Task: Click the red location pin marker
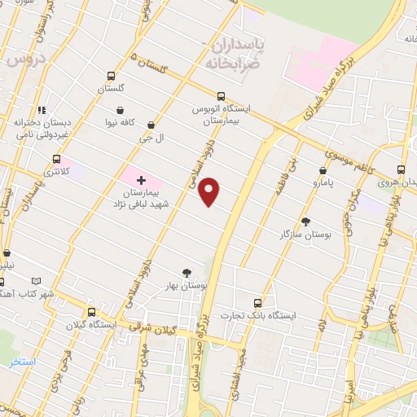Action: (x=210, y=191)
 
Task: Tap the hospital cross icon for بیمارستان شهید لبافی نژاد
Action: (x=141, y=179)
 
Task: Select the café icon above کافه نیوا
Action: (x=121, y=110)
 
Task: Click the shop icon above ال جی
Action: (x=151, y=125)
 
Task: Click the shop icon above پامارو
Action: (x=324, y=171)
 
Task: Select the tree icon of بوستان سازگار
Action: (x=305, y=222)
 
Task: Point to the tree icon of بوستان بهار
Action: (x=188, y=273)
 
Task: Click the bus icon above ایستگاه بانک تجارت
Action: (x=258, y=301)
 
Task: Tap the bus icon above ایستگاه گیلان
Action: (x=91, y=311)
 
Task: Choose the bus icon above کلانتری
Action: (x=56, y=159)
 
